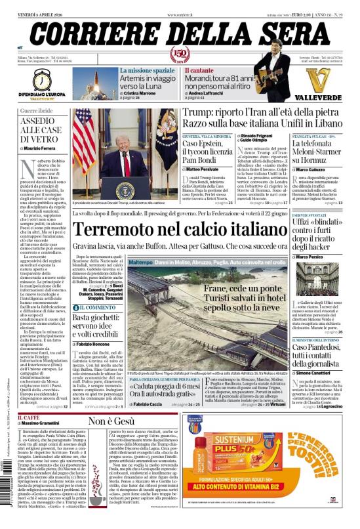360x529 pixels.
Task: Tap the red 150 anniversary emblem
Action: click(x=179, y=54)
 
